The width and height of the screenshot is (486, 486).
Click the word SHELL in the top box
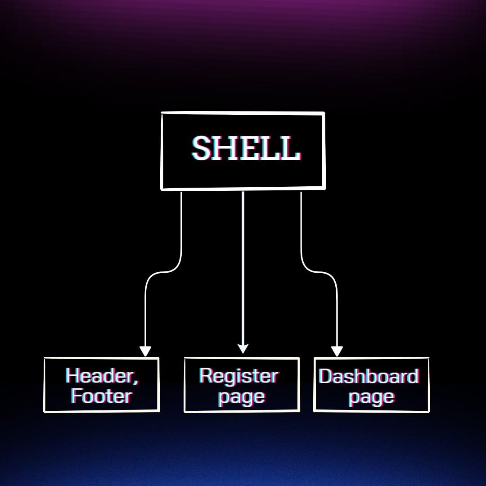[x=246, y=148]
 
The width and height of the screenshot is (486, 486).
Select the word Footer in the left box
[x=101, y=396]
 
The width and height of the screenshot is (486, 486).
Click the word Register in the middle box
[x=238, y=376]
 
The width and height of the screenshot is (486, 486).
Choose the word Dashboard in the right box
[x=369, y=376]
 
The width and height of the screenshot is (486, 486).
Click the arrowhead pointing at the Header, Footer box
[x=145, y=351]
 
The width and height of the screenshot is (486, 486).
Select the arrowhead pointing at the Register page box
[x=243, y=348]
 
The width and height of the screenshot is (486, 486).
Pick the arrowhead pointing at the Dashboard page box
[x=337, y=351]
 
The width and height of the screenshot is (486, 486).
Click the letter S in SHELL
[x=202, y=148]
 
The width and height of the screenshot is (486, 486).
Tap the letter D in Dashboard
[x=325, y=376]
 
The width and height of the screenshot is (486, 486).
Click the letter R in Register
[x=206, y=376]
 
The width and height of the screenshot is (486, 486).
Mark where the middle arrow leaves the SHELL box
[x=243, y=192]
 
